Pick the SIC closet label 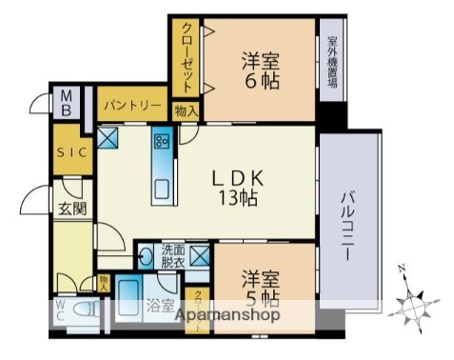click(x=69, y=152)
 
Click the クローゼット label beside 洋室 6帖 click(x=188, y=55)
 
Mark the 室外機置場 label click(x=332, y=61)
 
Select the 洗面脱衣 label click(x=172, y=256)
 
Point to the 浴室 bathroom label click(x=159, y=307)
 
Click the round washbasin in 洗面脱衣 click(x=147, y=256)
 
